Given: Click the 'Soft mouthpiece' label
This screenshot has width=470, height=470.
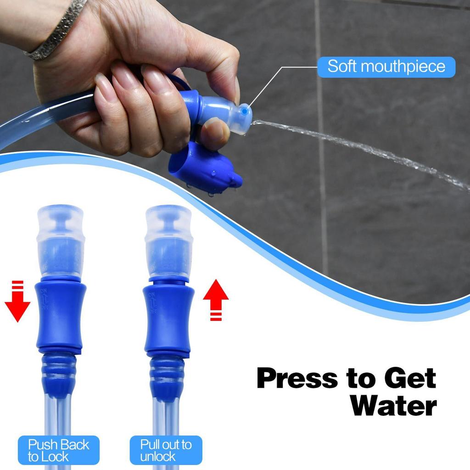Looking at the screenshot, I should coord(386,67).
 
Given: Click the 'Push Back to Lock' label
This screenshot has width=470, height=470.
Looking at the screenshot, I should coord(58,450).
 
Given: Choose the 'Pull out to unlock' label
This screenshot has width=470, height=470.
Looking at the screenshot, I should coord(165,450).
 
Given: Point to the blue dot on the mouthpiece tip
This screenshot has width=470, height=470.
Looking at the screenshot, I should coord(245,111).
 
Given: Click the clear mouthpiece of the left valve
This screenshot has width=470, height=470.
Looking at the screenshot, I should coord(61,241).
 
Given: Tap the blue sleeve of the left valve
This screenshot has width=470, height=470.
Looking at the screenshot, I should coord(61,317).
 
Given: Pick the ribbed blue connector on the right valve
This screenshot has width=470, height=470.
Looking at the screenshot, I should coord(167,374).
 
